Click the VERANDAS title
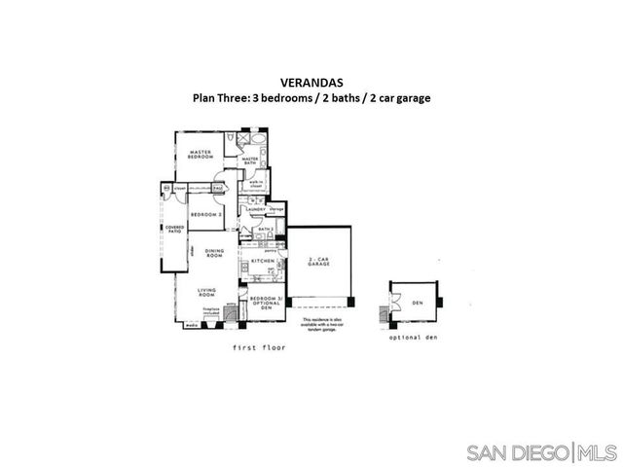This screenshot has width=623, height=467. pyautogui.click(x=311, y=84)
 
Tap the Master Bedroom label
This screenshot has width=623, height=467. pyautogui.click(x=202, y=154)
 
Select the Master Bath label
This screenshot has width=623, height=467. pyautogui.click(x=250, y=162)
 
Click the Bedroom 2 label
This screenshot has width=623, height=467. pyautogui.click(x=205, y=214)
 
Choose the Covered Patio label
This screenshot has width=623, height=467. pyautogui.click(x=174, y=231)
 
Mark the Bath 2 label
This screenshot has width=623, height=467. pyautogui.click(x=252, y=230)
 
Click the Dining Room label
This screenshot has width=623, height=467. pyautogui.click(x=215, y=254)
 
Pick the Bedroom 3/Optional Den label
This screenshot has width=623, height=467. pyautogui.click(x=265, y=302)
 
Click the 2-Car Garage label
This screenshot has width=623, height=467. pyautogui.click(x=320, y=261)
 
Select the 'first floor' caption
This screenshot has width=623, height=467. pyautogui.click(x=259, y=347)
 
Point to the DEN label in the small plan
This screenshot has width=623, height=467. pyautogui.click(x=418, y=303)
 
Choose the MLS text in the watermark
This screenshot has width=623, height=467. pyautogui.click(x=598, y=452)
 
